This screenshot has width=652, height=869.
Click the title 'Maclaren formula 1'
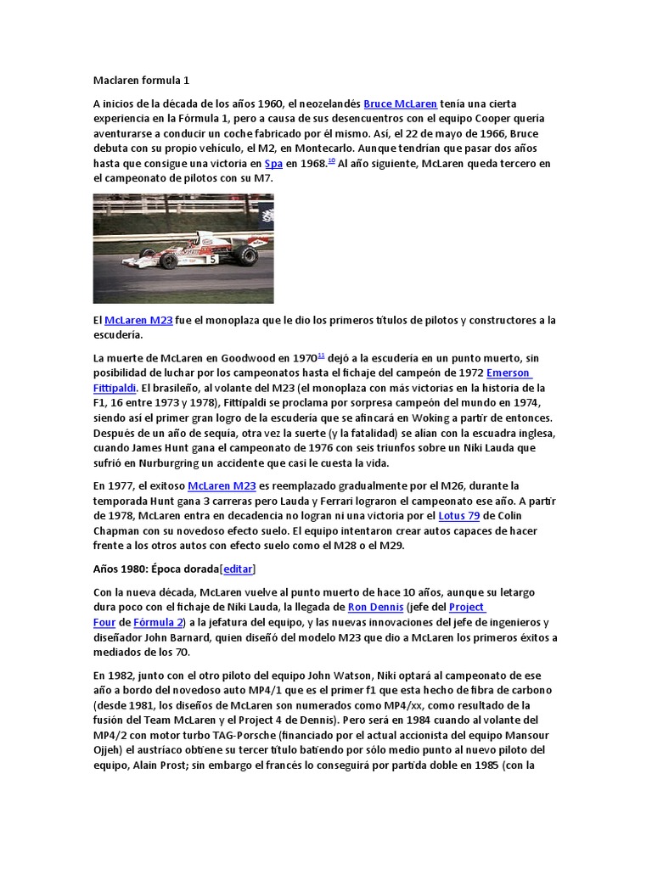click(x=141, y=81)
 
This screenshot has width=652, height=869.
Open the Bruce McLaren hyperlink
click(x=401, y=104)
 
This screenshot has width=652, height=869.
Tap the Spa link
click(x=273, y=165)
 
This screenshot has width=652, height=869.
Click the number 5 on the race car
click(x=211, y=259)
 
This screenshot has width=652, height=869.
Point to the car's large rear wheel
click(x=246, y=255)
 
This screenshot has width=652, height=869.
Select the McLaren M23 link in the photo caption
click(x=138, y=320)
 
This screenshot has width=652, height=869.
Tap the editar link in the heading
click(x=238, y=569)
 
